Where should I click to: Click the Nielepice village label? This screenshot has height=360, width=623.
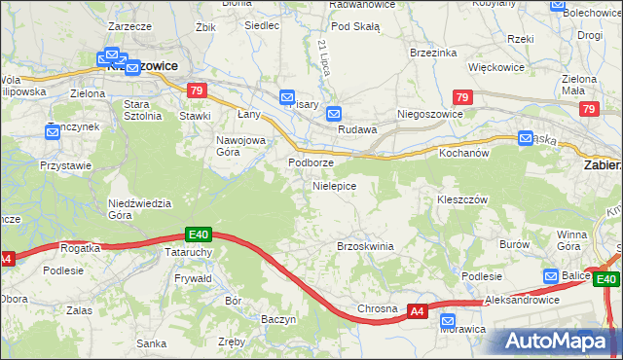click(x=334, y=185)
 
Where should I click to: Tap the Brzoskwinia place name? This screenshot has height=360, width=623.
click(x=365, y=246)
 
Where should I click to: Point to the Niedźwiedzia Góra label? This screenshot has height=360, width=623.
click(x=139, y=209)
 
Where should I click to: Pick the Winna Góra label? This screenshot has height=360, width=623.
click(x=572, y=240)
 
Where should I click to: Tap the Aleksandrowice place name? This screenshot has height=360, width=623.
click(x=523, y=301)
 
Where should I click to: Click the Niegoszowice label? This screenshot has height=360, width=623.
click(x=429, y=113)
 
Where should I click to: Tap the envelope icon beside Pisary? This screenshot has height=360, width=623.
click(x=287, y=97)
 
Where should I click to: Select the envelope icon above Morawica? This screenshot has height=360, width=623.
click(x=448, y=320)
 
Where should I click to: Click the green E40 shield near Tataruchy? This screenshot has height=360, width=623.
click(x=199, y=234)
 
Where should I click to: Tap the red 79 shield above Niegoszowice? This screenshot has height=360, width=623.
click(x=463, y=97)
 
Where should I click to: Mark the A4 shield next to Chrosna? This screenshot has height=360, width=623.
click(x=417, y=310)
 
